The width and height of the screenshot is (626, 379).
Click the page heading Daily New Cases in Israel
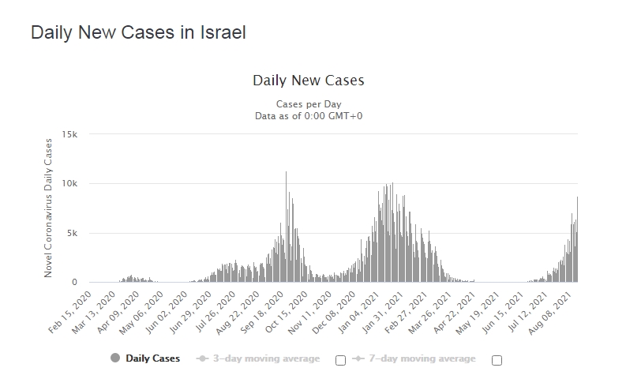pos(138,33)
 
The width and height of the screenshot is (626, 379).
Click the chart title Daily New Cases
pos(308,81)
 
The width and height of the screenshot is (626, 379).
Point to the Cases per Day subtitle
pos(308,104)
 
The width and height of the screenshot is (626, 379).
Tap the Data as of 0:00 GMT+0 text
pos(308,115)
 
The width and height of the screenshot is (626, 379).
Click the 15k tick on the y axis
pos(70,134)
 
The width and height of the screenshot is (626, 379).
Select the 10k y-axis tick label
pos(70,184)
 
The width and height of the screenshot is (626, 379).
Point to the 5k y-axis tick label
pos(73,233)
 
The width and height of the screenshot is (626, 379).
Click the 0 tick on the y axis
pos(75,283)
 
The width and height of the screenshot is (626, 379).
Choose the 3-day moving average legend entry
pos(260,358)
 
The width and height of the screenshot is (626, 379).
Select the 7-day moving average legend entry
pos(415,358)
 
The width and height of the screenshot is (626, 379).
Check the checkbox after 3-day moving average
pos(340,360)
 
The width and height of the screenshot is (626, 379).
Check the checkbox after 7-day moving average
pos(497,360)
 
